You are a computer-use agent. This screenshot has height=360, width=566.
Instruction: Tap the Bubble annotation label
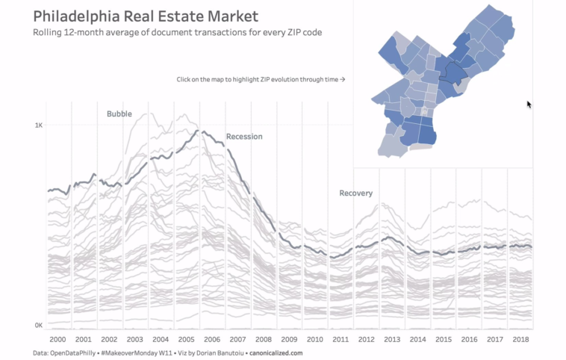[119, 114]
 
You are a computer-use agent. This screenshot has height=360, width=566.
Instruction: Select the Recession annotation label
[244, 137]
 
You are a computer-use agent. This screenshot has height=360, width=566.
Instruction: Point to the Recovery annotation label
[355, 193]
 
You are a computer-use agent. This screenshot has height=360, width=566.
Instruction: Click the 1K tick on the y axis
[38, 125]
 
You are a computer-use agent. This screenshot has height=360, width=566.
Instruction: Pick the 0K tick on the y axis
[38, 325]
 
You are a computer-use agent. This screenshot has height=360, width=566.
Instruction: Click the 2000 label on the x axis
[58, 339]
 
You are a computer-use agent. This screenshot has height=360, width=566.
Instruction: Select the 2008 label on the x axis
[264, 339]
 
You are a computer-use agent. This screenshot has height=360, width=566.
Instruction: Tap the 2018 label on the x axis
[520, 339]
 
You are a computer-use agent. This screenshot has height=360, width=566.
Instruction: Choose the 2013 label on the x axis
[391, 339]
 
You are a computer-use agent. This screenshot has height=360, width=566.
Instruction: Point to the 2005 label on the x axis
[187, 339]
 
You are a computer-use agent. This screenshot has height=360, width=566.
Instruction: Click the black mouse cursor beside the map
[529, 105]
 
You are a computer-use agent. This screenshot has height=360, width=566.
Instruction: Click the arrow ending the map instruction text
[342, 79]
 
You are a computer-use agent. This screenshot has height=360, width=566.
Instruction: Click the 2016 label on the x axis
[468, 339]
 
